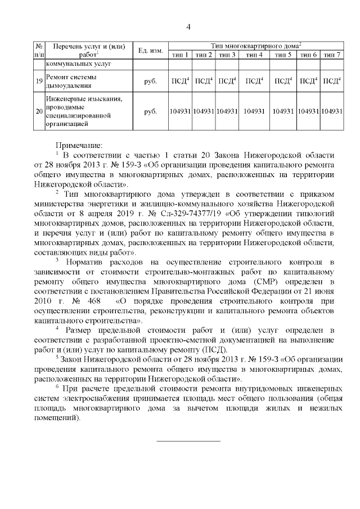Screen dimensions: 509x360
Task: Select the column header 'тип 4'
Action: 255,55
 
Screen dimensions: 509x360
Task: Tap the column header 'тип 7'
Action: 332,55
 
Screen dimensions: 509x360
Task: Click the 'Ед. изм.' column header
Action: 150,50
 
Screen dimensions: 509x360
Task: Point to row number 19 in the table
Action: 39,82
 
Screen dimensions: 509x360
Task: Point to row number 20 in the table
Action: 39,112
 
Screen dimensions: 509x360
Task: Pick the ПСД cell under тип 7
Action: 332,82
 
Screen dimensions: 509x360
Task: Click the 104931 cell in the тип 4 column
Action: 255,112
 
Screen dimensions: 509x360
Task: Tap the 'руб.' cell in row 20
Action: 150,112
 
